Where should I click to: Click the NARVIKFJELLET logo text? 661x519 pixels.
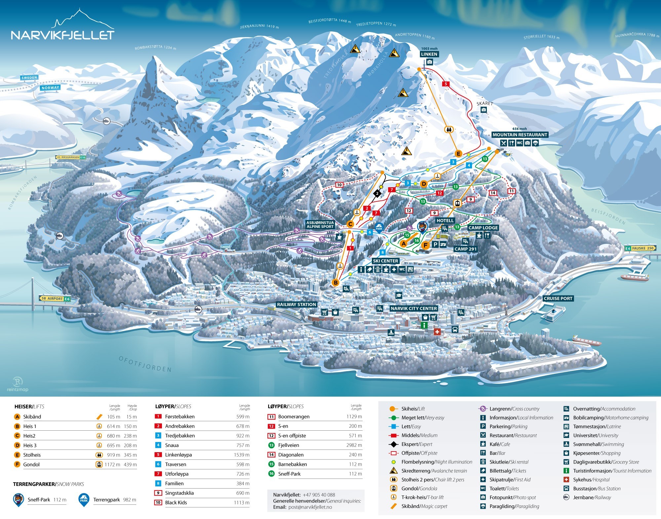click(x=62, y=35)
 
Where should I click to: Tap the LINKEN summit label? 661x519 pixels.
click(x=429, y=54)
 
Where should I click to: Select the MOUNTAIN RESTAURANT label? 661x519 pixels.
click(x=520, y=135)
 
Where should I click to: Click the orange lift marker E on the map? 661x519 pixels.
click(x=458, y=153)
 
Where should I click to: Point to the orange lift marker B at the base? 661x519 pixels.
click(x=336, y=282)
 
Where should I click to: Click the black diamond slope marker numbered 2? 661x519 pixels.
click(x=377, y=194)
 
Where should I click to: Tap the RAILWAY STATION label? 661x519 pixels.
click(x=296, y=304)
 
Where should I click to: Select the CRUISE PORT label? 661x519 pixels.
click(x=558, y=298)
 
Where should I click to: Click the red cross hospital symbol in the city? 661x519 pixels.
click(x=437, y=331)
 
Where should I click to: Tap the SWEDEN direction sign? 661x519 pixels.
click(x=29, y=78)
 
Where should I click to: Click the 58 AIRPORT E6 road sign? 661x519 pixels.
click(x=55, y=299)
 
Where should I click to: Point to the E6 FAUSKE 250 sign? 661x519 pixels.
click(x=640, y=248)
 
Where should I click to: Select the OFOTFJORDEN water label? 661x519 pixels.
click(x=145, y=364)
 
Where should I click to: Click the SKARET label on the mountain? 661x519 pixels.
click(x=485, y=104)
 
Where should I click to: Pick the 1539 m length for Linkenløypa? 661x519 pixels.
click(x=242, y=455)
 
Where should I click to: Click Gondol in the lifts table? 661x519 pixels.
click(x=31, y=464)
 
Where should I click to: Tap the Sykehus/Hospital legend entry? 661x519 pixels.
click(x=591, y=480)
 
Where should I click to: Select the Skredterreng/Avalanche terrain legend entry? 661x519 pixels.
click(x=434, y=471)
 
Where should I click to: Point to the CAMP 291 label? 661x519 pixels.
click(x=465, y=249)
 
